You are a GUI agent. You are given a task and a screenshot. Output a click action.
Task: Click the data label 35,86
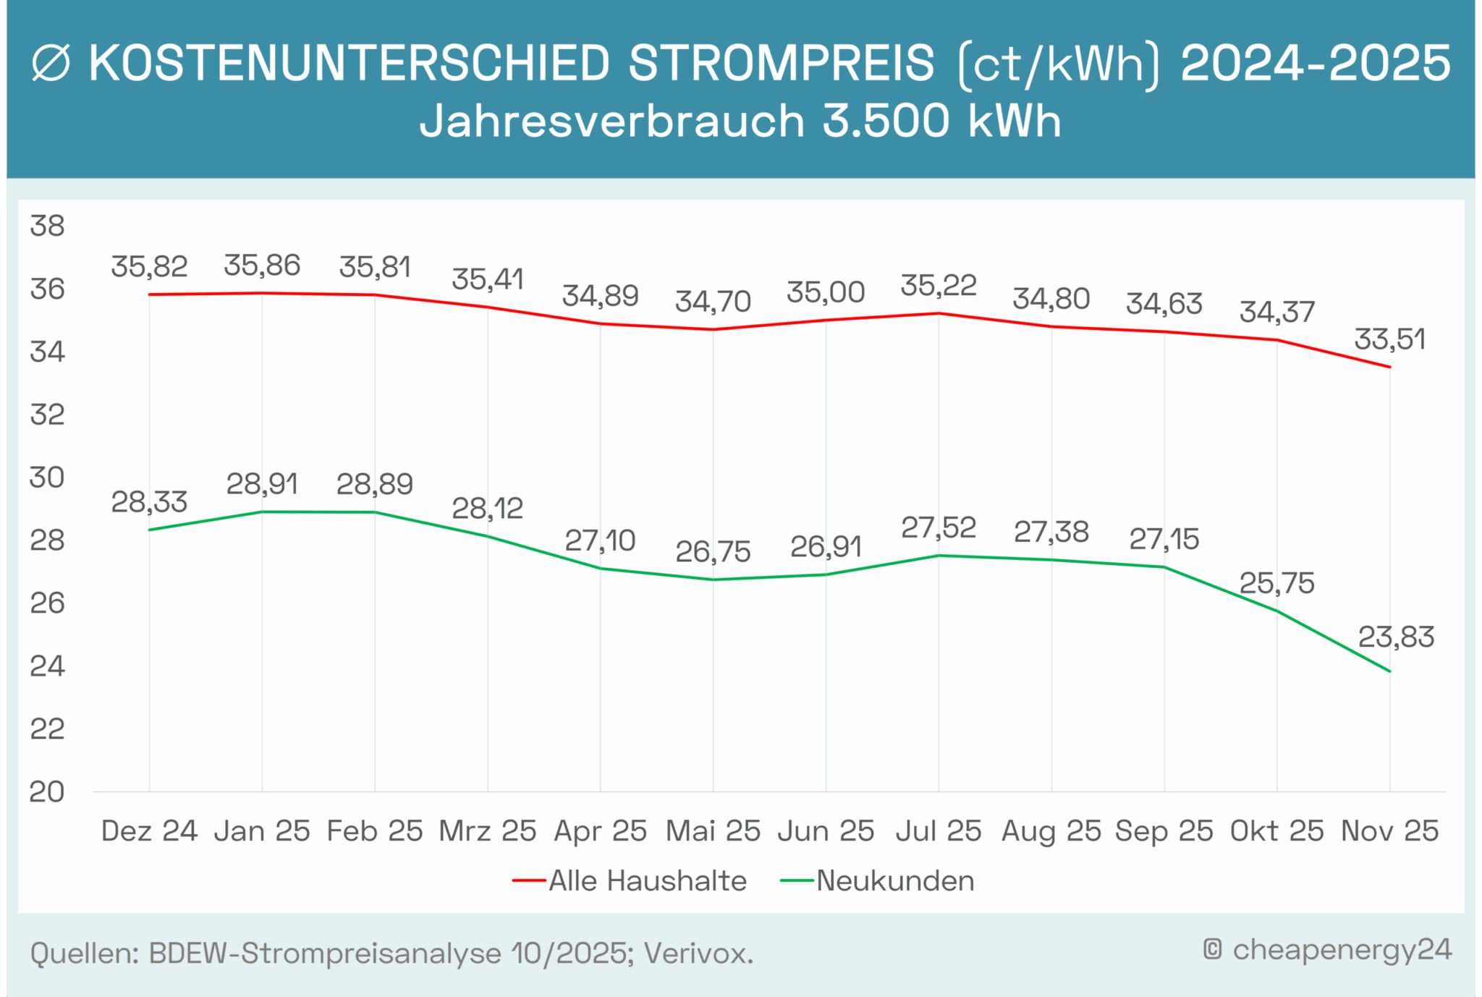click(x=261, y=266)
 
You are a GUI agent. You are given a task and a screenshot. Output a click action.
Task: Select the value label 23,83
click(x=1395, y=637)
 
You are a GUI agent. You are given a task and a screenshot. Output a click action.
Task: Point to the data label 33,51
click(x=1389, y=339)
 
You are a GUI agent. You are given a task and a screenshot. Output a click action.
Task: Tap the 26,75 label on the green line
click(x=713, y=552)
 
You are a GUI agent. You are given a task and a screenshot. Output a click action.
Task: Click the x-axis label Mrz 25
click(x=487, y=831)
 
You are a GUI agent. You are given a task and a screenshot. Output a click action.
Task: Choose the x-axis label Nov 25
click(x=1389, y=831)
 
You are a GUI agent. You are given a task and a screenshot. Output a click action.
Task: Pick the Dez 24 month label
click(x=149, y=831)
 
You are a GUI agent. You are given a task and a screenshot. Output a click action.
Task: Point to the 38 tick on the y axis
click(x=47, y=226)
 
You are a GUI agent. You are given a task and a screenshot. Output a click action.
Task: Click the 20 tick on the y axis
click(x=47, y=792)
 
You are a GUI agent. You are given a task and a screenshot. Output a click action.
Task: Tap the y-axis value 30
click(x=47, y=478)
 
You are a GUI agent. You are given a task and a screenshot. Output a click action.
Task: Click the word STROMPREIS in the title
click(x=782, y=63)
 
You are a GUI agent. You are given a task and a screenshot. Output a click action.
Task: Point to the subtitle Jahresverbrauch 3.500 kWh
click(x=740, y=121)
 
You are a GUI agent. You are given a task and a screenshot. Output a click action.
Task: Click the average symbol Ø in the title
click(x=51, y=64)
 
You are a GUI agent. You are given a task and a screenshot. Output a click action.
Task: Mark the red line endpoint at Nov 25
click(x=1389, y=367)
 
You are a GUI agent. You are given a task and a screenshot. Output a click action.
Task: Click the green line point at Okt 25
click(x=1276, y=611)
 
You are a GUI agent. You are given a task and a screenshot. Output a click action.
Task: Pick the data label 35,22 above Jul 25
click(x=938, y=286)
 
